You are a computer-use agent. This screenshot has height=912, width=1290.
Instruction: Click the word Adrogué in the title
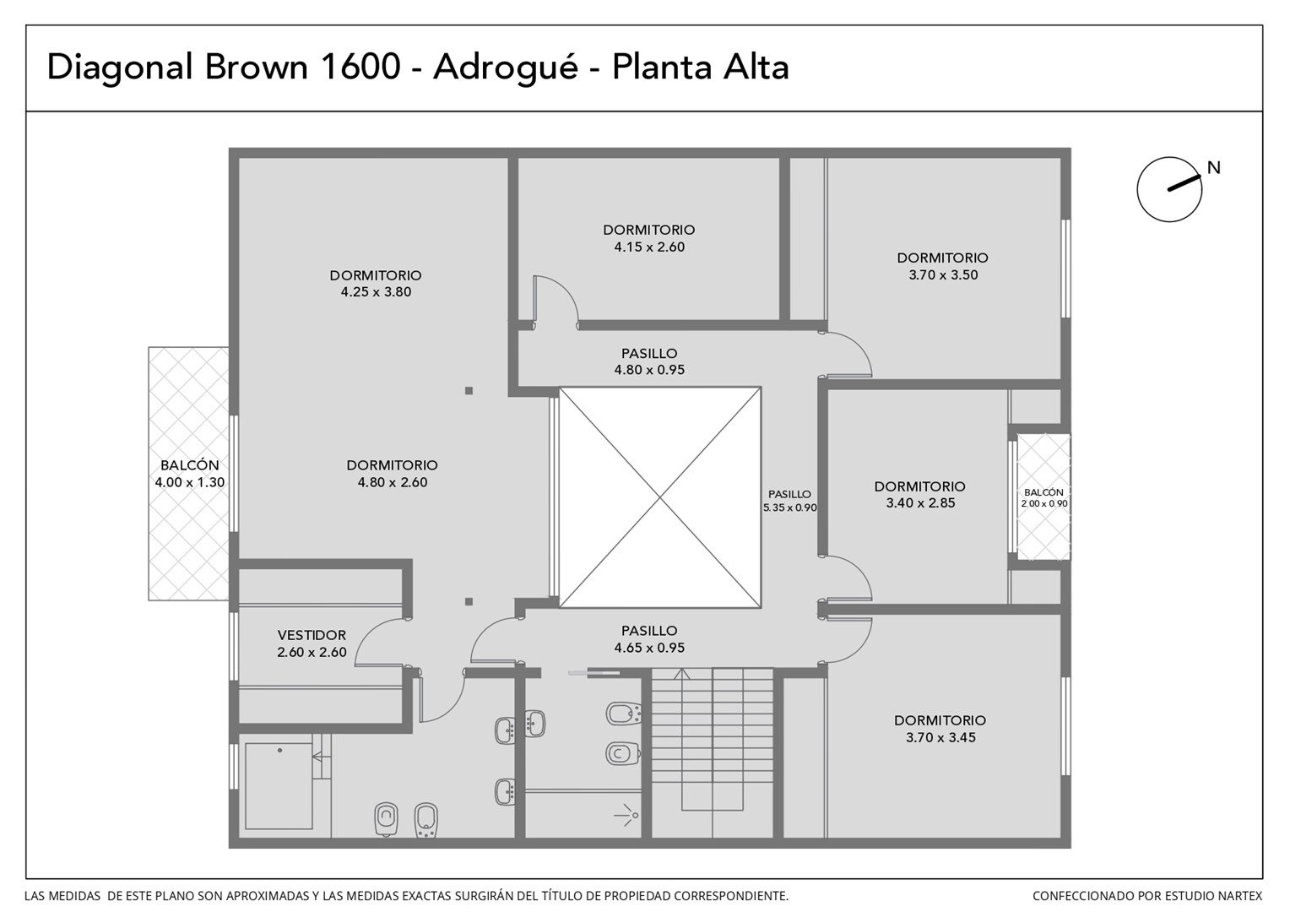pos(505,68)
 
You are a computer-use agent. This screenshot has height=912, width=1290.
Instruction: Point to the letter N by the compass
pos(1213,168)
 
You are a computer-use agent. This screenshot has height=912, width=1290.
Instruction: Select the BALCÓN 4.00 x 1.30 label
pos(189,474)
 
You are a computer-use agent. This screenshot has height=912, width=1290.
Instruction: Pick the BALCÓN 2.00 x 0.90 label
pos(1044,497)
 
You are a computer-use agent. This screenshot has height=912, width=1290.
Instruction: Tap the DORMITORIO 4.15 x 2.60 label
pos(649,238)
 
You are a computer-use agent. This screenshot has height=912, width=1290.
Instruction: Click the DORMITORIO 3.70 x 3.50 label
pos(943,266)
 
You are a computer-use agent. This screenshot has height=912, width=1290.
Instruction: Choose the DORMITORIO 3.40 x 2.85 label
pos(919,494)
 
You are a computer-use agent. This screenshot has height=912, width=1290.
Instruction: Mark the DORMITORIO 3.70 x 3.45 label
pos(940,728)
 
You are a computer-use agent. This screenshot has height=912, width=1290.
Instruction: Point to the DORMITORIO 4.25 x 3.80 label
pos(376,284)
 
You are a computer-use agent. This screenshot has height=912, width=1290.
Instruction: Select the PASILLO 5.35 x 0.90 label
pos(789,501)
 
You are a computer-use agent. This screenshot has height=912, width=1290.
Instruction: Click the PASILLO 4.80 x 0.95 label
pos(649,361)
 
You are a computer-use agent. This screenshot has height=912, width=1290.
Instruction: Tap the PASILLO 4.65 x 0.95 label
pos(649,639)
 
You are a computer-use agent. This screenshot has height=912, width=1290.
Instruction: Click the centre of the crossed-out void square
pos(660,497)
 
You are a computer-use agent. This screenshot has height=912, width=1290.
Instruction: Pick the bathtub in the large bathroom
pos(279,785)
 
